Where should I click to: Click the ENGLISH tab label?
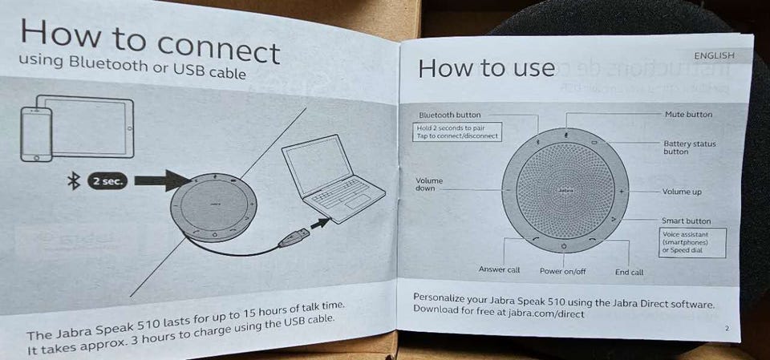pos(714,55)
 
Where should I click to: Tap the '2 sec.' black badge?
pos(107,182)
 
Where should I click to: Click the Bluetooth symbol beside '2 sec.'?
pos(74,181)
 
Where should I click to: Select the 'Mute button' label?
pos(688,114)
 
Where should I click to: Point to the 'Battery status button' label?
pos(690,148)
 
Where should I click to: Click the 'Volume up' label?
pos(682,192)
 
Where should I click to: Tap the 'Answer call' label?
pos(500,269)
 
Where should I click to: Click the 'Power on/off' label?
pos(563,271)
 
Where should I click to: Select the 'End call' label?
pos(629,272)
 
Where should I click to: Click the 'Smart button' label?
pos(686,221)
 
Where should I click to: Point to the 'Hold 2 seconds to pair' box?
pos(457,131)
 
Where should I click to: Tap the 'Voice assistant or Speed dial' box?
pos(692,243)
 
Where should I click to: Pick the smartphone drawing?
pos(36,134)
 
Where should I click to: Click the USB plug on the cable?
pos(294,237)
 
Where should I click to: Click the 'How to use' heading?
pos(486,68)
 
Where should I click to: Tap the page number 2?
pos(727,327)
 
